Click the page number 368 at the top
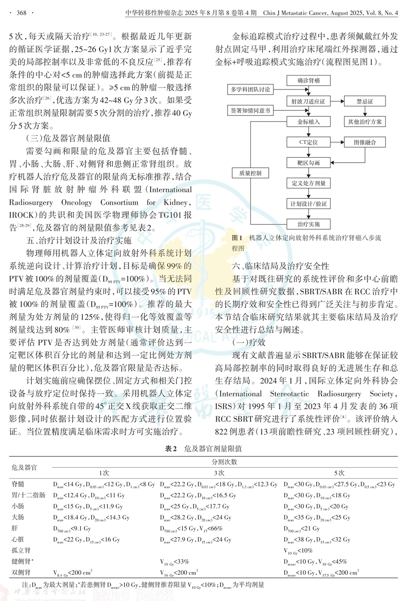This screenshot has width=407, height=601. pyautogui.click(x=21, y=13)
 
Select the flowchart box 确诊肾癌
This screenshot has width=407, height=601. pyautogui.click(x=308, y=81)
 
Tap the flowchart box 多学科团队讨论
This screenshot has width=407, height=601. pyautogui.click(x=250, y=90)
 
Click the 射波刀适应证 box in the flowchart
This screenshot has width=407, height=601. pyautogui.click(x=308, y=101)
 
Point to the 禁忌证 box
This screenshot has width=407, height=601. pyautogui.click(x=364, y=101)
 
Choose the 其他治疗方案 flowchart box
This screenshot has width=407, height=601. pyautogui.click(x=364, y=122)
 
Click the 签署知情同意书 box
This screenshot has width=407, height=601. pyautogui.click(x=250, y=110)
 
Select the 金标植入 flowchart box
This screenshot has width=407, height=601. pyautogui.click(x=308, y=122)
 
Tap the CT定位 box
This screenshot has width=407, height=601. pyautogui.click(x=308, y=142)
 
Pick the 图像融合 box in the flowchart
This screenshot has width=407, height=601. pyautogui.click(x=364, y=142)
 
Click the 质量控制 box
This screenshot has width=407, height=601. pyautogui.click(x=250, y=173)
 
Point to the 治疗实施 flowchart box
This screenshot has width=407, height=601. pyautogui.click(x=308, y=224)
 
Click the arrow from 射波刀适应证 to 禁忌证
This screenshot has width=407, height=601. pyautogui.click(x=337, y=101)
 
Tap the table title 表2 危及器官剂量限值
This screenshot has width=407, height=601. pyautogui.click(x=203, y=449)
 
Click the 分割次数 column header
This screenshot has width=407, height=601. pyautogui.click(x=224, y=462)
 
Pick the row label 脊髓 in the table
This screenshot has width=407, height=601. pyautogui.click(x=18, y=484)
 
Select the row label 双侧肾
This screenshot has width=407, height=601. pyautogui.click(x=21, y=573)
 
